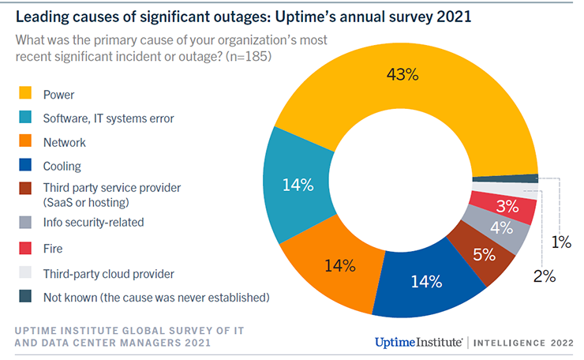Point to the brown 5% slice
click(x=484, y=254)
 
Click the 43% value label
click(x=402, y=75)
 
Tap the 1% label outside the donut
click(x=561, y=243)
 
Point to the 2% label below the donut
click(x=544, y=276)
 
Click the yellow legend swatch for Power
click(x=25, y=96)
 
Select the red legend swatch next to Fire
click(x=25, y=248)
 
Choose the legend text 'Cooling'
click(x=62, y=167)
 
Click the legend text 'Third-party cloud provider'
click(x=108, y=274)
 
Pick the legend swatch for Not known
click(x=25, y=298)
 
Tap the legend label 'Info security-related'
click(x=93, y=222)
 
